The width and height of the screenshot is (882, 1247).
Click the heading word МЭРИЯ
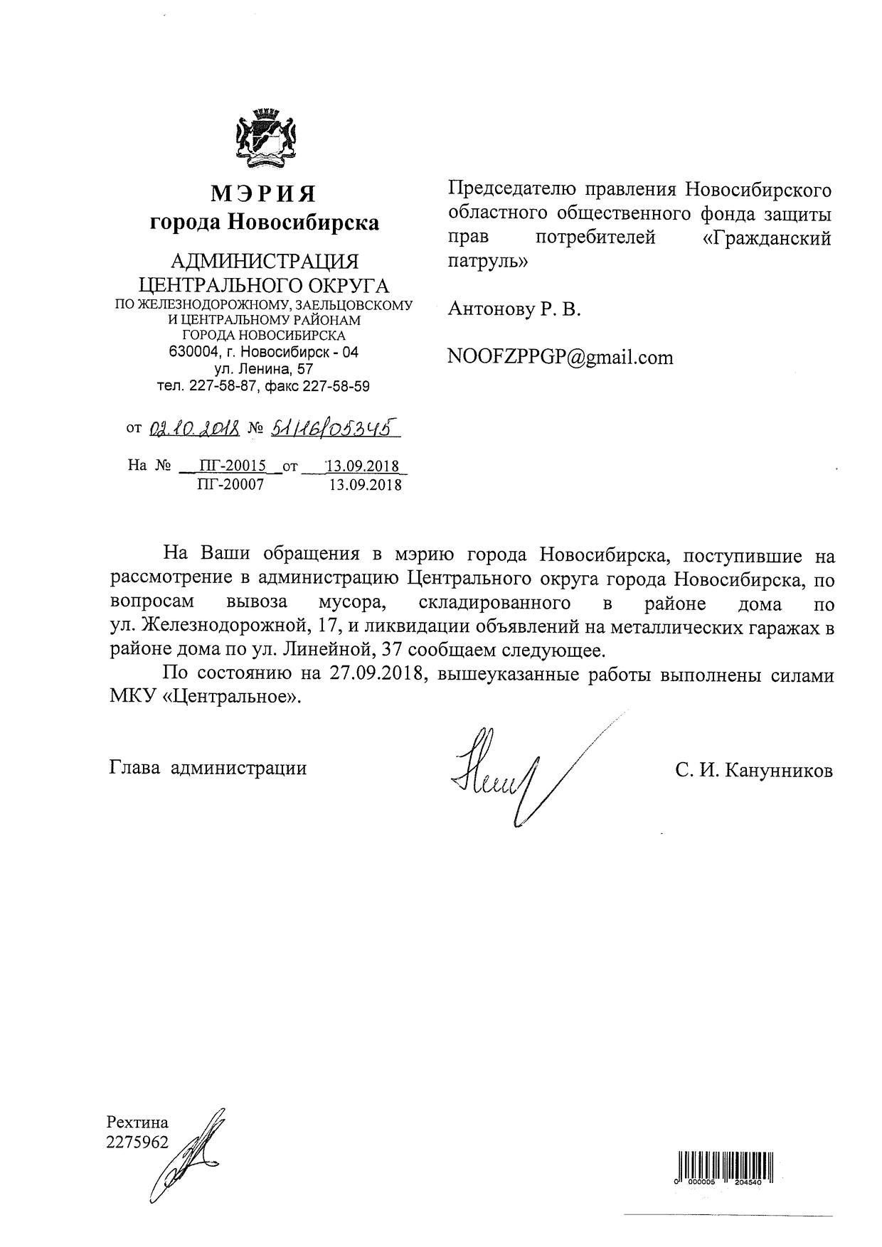tap(263, 193)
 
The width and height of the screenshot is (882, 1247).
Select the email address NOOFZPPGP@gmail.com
tap(560, 357)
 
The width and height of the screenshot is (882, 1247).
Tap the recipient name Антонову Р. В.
tap(514, 309)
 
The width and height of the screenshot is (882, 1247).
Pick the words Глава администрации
tap(208, 768)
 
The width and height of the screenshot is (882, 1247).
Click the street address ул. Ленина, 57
tap(264, 369)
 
